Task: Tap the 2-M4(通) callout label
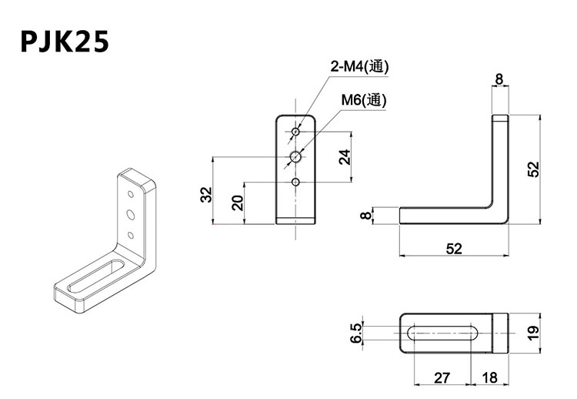pos(359,67)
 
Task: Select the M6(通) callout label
pos(365,100)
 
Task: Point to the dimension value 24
pos(345,156)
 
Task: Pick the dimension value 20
pos(238,203)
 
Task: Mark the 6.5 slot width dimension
pos(355,333)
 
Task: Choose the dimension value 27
pos(441,377)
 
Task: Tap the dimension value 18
pos(490,377)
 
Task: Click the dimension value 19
pos(535,333)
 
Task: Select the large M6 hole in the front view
pos(295,157)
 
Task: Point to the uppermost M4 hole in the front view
pos(295,132)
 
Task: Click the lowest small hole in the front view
pos(295,182)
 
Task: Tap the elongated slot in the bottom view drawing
pos(445,333)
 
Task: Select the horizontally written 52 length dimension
pos(455,247)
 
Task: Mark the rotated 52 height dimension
pos(535,169)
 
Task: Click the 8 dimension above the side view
pos(499,79)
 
